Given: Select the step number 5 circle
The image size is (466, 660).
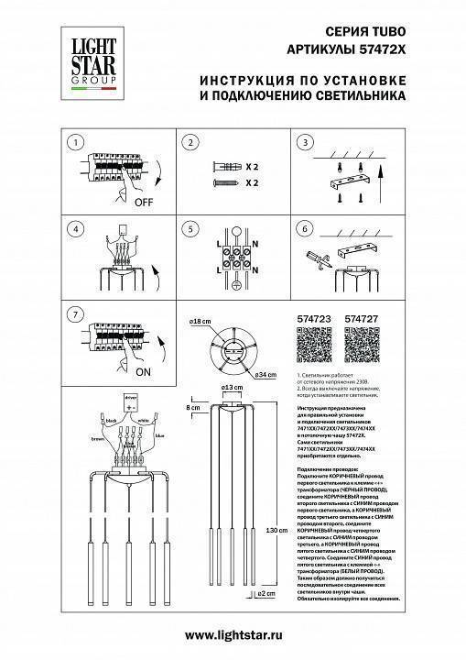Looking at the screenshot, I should coord(190,229).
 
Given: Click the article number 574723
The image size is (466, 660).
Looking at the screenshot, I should coord(314,320).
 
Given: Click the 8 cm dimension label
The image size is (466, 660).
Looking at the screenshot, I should coord(192,405).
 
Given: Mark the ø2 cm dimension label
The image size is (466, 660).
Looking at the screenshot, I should coord(266,594).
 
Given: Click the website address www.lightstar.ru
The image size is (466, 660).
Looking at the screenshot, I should coord(233,635).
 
